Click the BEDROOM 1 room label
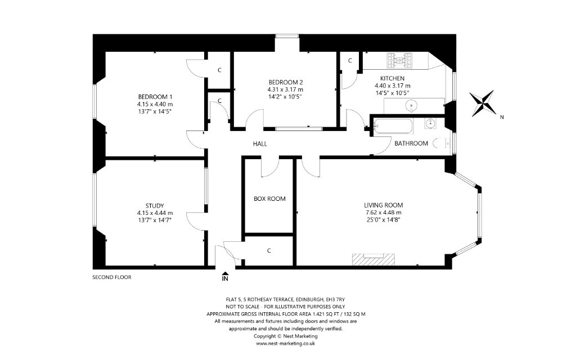pyautogui.click(x=155, y=97)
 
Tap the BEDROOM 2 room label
pyautogui.click(x=285, y=82)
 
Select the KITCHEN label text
pyautogui.click(x=392, y=78)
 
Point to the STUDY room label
pyautogui.click(x=155, y=206)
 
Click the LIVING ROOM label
pyautogui.click(x=383, y=205)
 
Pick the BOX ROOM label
pyautogui.click(x=269, y=199)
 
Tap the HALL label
pyautogui.click(x=260, y=144)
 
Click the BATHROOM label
pyautogui.click(x=411, y=143)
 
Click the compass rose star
pyautogui.click(x=483, y=104)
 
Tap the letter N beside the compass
pyautogui.click(x=502, y=117)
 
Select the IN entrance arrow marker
pyautogui.click(x=225, y=277)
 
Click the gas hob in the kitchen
pyautogui.click(x=399, y=61)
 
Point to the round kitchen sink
pyautogui.click(x=411, y=106)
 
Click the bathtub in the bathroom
pyautogui.click(x=392, y=127)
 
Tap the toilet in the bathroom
pyautogui.click(x=441, y=143)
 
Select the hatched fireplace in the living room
pyautogui.click(x=373, y=259)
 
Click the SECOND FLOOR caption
pyautogui.click(x=112, y=277)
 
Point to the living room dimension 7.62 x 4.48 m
pyautogui.click(x=383, y=213)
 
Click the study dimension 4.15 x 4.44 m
pyautogui.click(x=155, y=213)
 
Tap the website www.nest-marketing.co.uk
pyautogui.click(x=285, y=344)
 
